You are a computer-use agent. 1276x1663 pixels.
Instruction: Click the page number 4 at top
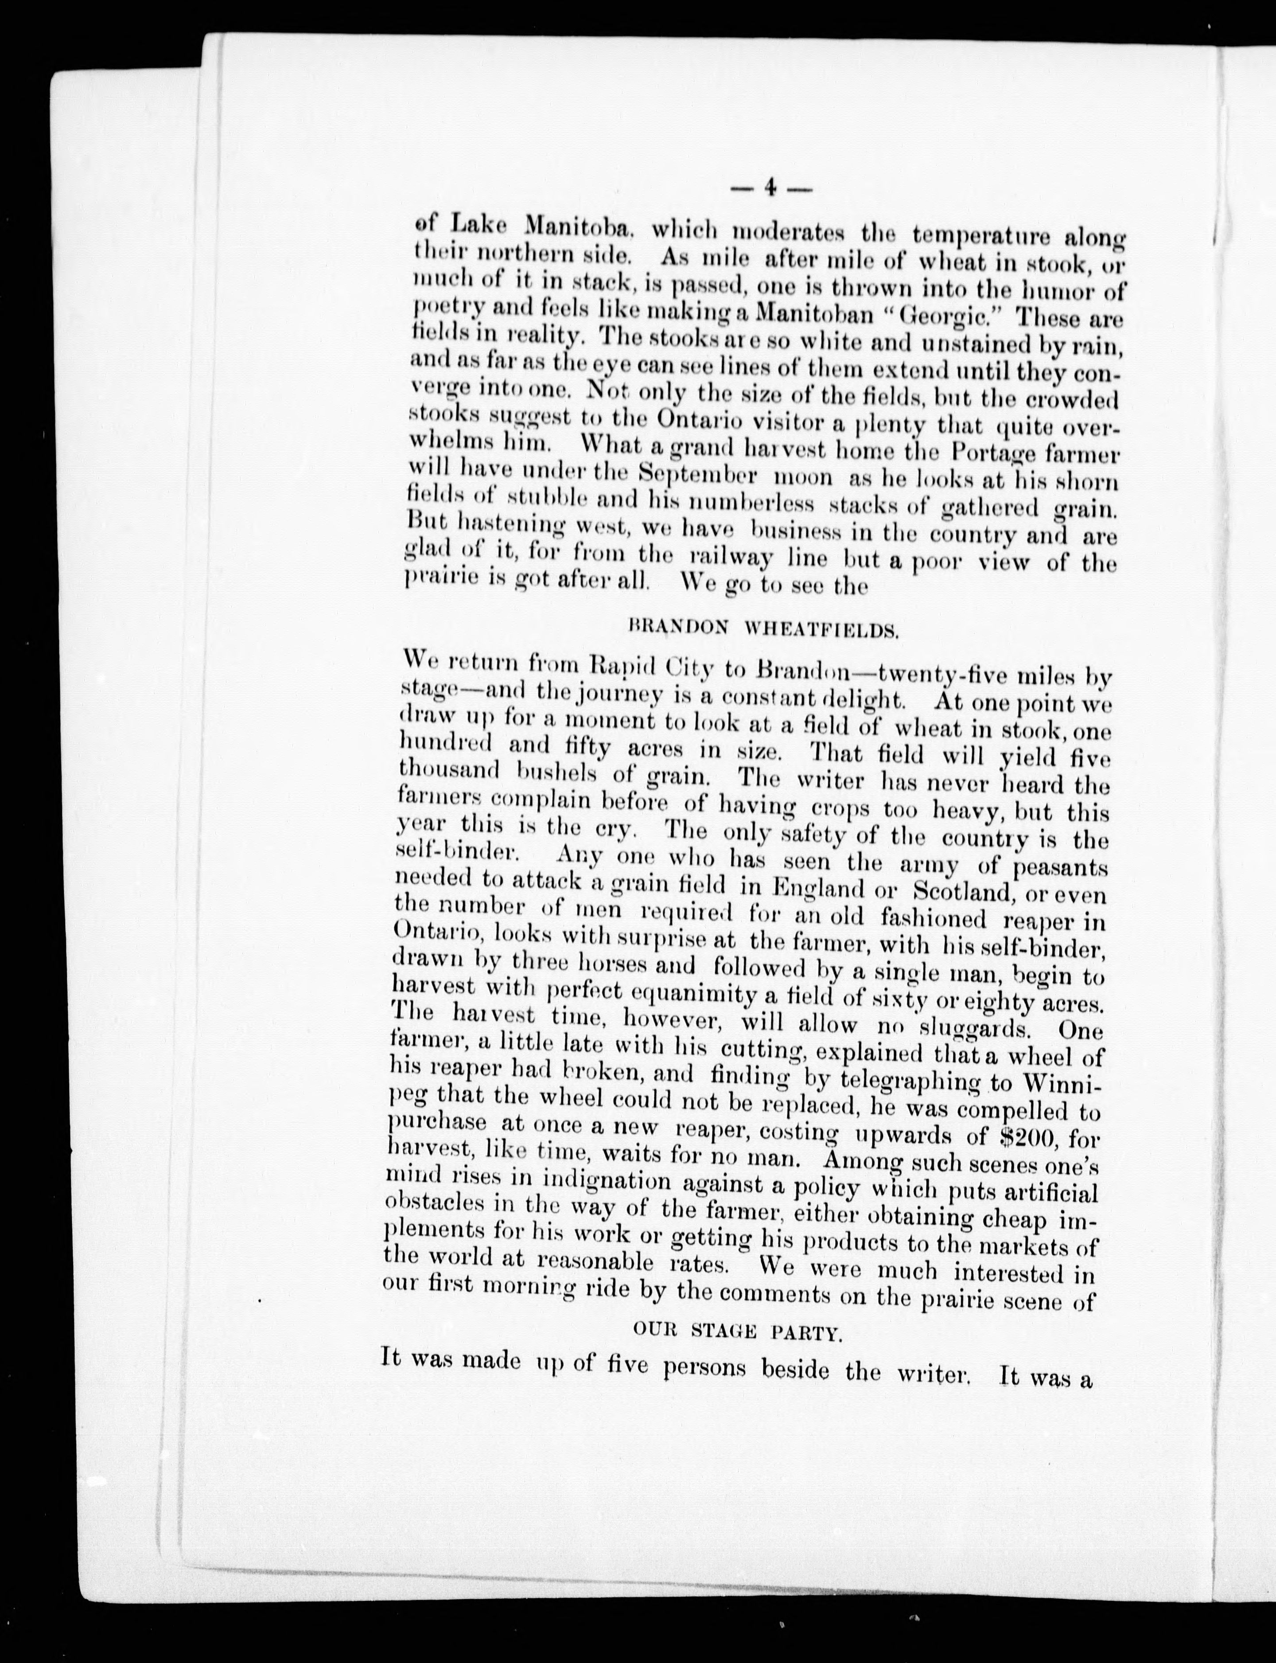click(x=770, y=187)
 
